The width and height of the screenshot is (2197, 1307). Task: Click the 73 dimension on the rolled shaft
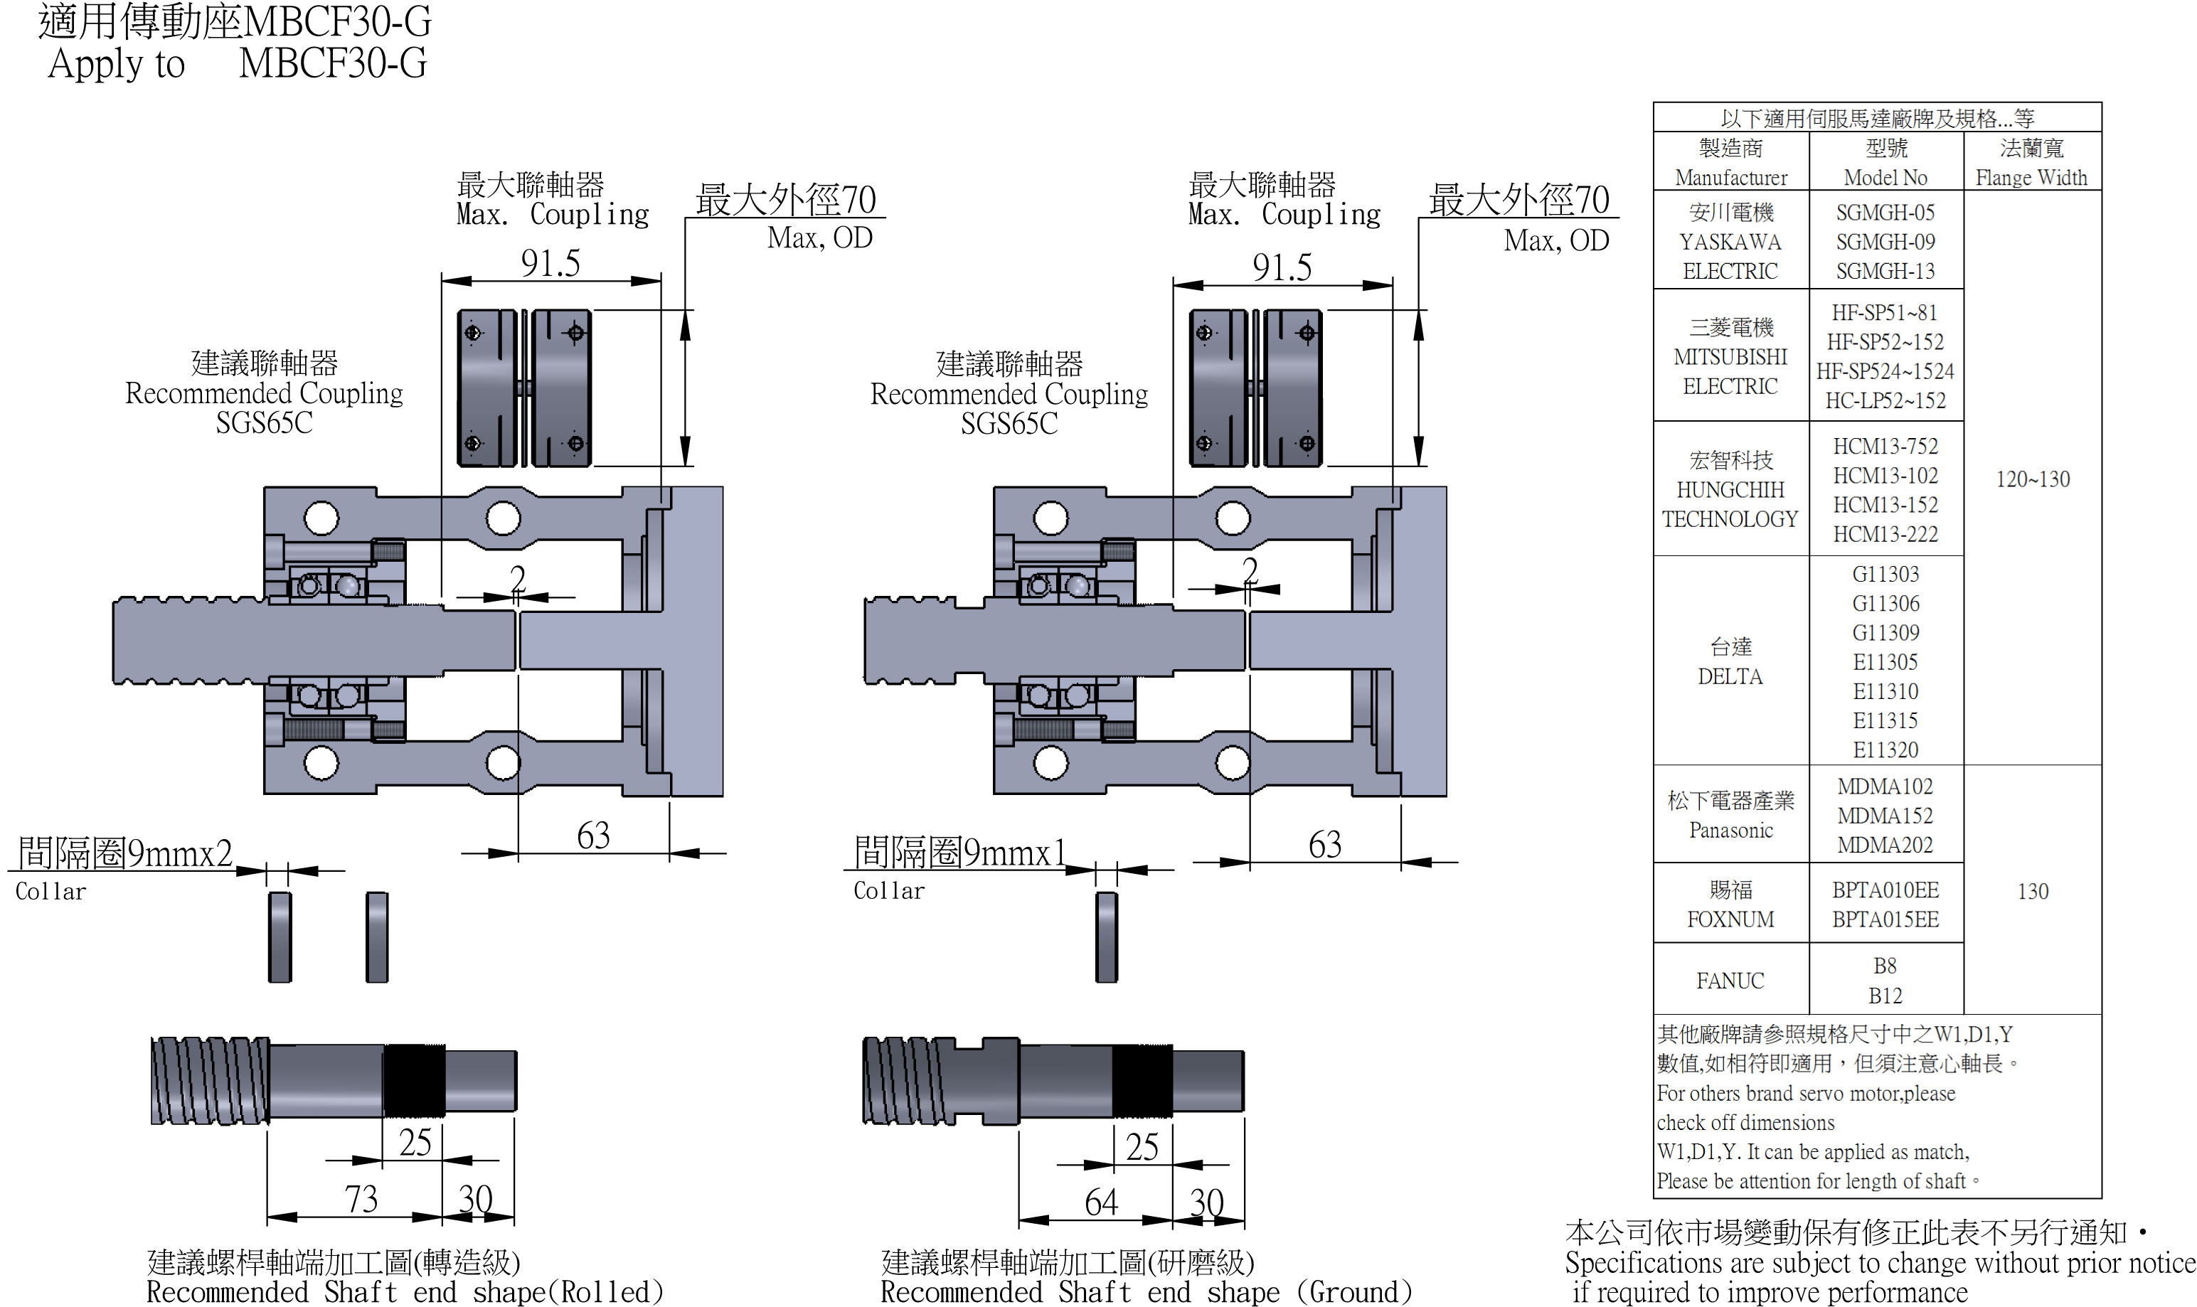click(x=361, y=1199)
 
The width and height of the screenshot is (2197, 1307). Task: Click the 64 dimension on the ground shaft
click(x=1100, y=1202)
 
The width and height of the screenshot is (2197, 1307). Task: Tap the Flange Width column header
click(x=2031, y=178)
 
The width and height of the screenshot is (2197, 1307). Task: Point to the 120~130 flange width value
click(x=2031, y=479)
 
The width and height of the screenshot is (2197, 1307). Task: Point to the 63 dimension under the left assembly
click(x=593, y=835)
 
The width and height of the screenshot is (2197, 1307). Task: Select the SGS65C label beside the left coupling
click(x=265, y=423)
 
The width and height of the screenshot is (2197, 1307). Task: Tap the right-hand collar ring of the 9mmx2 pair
click(x=376, y=937)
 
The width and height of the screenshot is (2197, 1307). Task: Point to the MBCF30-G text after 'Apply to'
click(x=332, y=63)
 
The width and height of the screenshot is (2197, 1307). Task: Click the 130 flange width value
click(x=2031, y=891)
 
